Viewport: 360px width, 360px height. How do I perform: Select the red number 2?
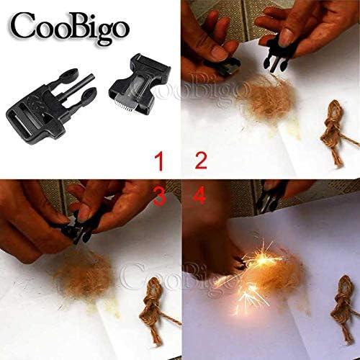point(200,161)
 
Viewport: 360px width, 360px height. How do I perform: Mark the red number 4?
point(199,194)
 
